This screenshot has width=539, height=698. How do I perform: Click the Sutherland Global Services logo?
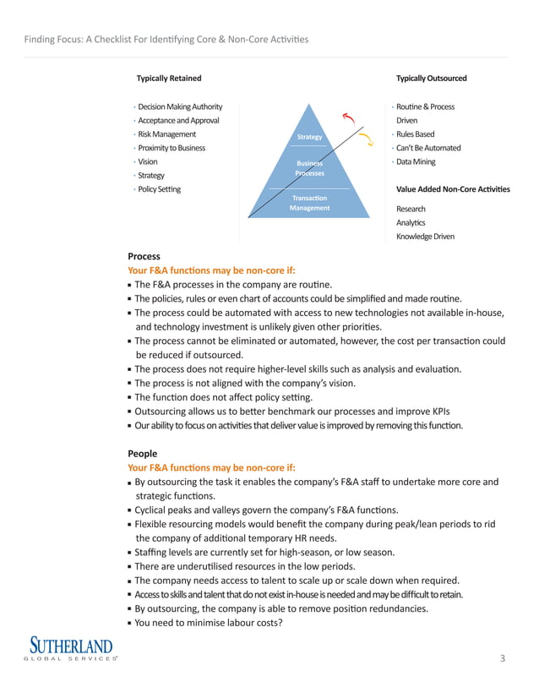click(73, 650)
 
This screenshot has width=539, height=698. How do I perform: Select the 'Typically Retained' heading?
click(169, 79)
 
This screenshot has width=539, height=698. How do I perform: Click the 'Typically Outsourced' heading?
click(431, 79)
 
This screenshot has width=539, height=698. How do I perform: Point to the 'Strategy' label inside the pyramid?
click(310, 137)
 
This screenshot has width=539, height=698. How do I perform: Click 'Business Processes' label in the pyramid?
click(309, 168)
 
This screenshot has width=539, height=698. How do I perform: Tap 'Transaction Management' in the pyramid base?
click(309, 203)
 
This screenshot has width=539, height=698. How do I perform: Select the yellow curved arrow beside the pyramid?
click(366, 139)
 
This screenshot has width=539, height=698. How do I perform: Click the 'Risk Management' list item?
click(166, 134)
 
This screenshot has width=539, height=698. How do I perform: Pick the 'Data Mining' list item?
click(416, 161)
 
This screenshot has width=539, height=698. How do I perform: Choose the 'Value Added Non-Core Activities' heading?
click(453, 189)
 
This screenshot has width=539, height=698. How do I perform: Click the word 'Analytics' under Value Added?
click(411, 222)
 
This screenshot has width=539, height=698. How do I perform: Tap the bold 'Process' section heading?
click(144, 256)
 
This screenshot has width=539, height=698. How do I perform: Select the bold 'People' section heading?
click(143, 453)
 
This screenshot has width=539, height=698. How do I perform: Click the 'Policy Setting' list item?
click(159, 189)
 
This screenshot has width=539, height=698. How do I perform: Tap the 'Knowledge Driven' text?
click(425, 237)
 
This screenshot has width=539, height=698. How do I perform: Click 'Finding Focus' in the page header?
click(56, 40)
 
